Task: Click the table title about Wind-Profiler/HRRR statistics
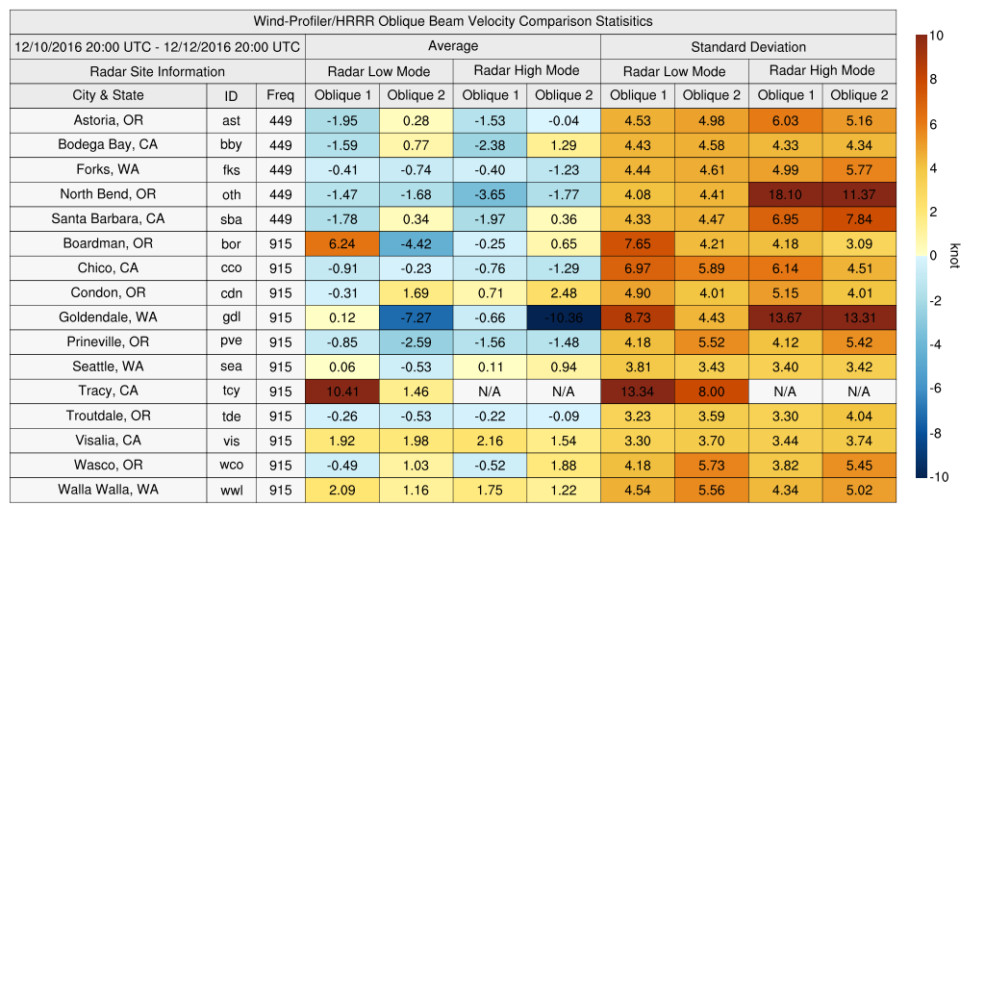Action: click(453, 21)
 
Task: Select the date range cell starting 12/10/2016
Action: click(158, 46)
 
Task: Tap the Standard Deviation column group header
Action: click(748, 46)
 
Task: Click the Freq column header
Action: click(281, 95)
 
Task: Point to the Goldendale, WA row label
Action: click(108, 317)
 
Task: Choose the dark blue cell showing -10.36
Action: click(563, 317)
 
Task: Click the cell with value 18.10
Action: click(785, 194)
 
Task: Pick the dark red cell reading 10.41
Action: click(341, 391)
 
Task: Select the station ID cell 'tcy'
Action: click(231, 391)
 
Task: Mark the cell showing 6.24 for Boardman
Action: click(341, 243)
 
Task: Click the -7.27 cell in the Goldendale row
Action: click(416, 317)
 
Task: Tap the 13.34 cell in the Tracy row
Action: click(637, 391)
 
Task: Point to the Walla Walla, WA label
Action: click(108, 490)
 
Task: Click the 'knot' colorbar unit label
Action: click(953, 256)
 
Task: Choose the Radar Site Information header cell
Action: click(158, 71)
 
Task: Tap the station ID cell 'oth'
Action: click(231, 194)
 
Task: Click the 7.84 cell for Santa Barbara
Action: click(859, 218)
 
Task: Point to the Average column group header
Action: click(453, 46)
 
